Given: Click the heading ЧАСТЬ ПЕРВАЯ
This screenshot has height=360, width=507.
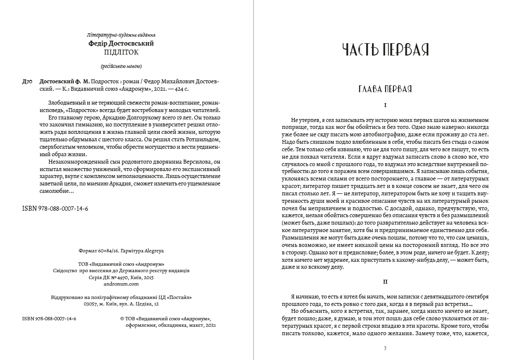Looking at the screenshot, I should click(x=385, y=50).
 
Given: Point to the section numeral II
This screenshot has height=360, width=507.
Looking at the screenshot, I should click(x=385, y=281).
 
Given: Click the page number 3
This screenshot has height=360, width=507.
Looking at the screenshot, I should click(x=385, y=348).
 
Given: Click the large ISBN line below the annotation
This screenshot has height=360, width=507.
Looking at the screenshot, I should click(x=56, y=209).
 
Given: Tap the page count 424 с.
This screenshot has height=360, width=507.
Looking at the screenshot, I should click(x=193, y=89).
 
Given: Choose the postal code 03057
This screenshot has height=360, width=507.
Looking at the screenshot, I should click(x=92, y=303).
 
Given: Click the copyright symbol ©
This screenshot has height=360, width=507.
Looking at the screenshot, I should click(x=123, y=318).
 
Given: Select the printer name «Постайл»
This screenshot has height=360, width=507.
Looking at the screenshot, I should click(x=179, y=297).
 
